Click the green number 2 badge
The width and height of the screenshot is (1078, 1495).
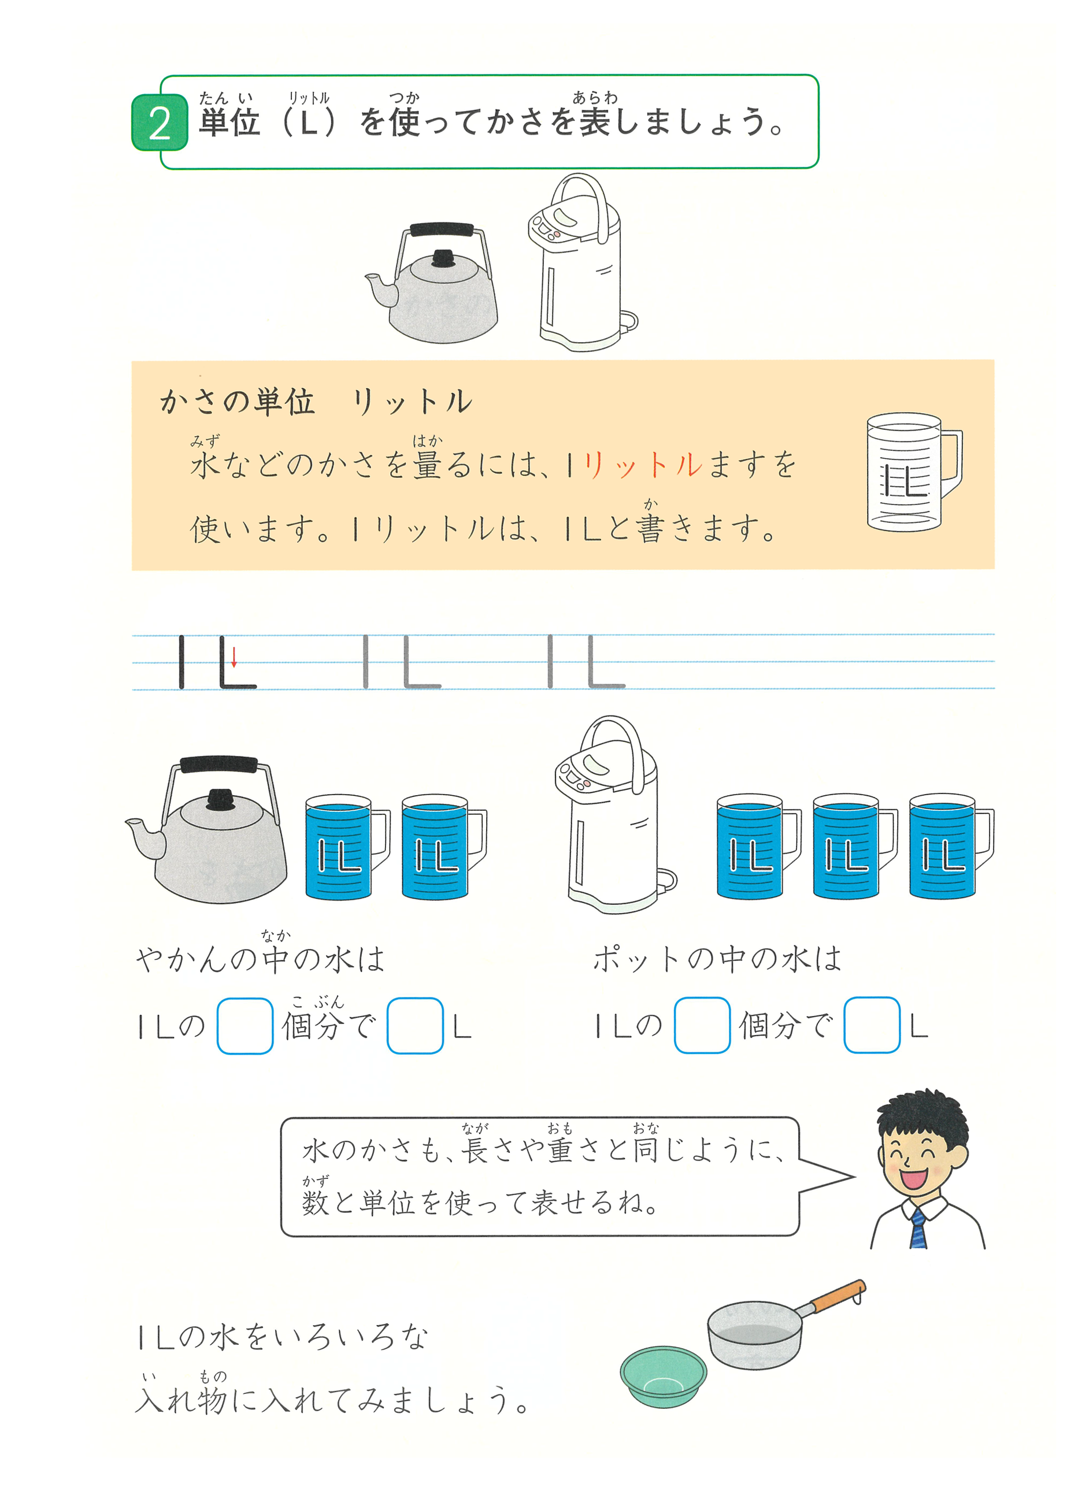[x=160, y=123]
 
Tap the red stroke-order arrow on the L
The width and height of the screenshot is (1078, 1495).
[x=234, y=656]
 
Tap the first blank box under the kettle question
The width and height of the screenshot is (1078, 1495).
[x=245, y=1026]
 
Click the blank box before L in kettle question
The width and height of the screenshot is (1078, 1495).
[x=414, y=1026]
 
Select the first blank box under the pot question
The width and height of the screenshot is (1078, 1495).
[x=702, y=1025]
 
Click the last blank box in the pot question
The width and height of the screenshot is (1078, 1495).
[x=872, y=1025]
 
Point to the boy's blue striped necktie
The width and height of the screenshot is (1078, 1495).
[x=918, y=1229]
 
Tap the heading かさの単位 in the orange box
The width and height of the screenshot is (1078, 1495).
[x=238, y=402]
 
